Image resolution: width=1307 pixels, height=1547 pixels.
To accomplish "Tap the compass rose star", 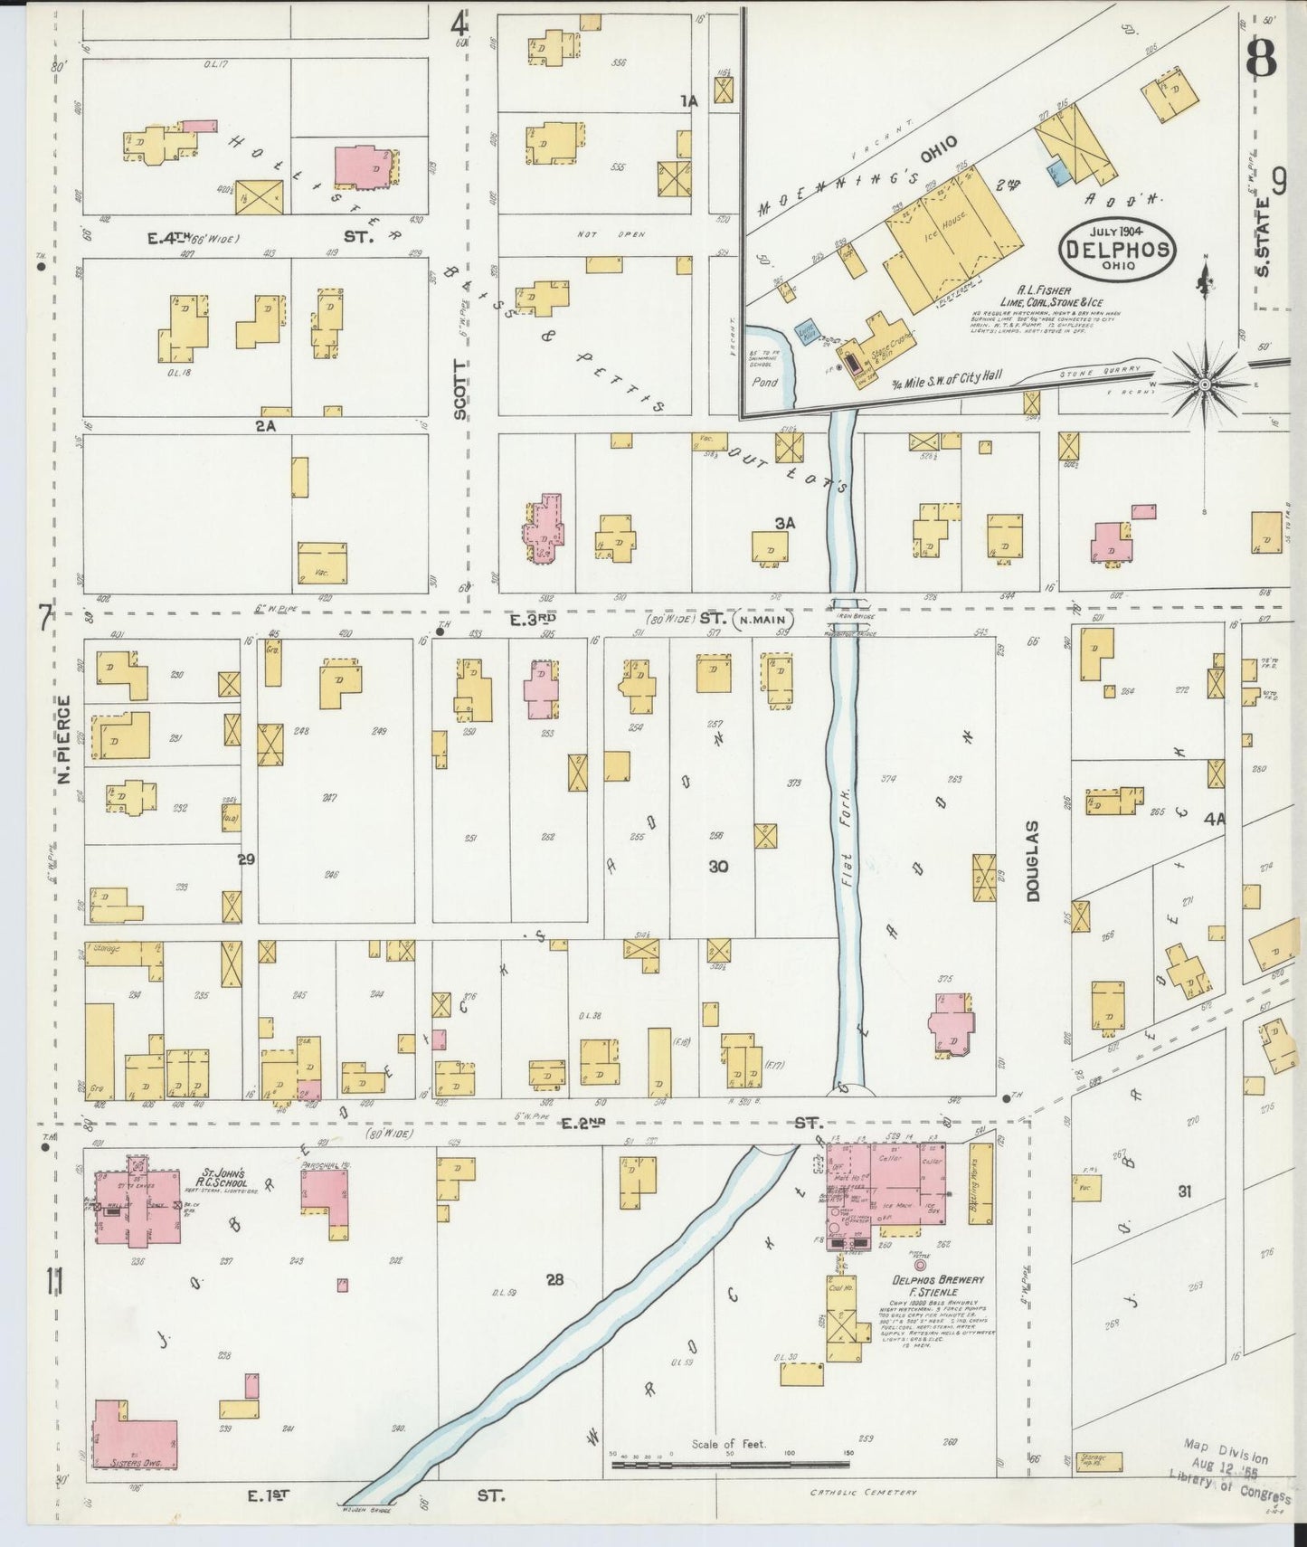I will [x=1204, y=384].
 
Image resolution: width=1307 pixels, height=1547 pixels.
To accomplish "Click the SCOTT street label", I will [x=460, y=389].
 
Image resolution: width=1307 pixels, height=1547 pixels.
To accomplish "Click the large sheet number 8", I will [x=1261, y=62].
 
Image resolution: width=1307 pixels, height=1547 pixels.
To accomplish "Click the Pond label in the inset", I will [x=765, y=383].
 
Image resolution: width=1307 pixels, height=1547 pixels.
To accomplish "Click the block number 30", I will [x=719, y=866].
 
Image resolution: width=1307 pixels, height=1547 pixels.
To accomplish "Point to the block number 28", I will [x=554, y=1279].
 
